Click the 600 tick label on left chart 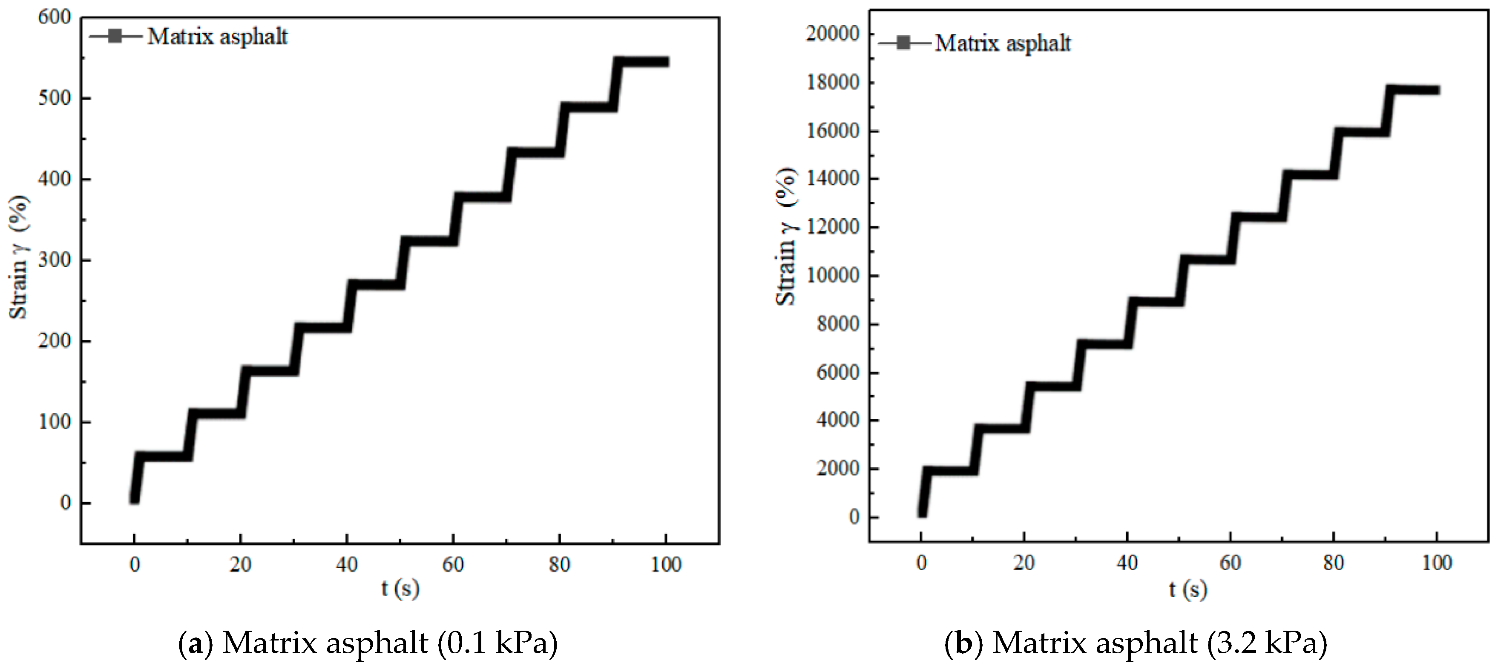[x=54, y=17]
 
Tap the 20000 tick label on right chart [x=832, y=34]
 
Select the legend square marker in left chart [x=115, y=36]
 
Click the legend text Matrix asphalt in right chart [x=1003, y=43]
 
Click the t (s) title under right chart [x=1187, y=589]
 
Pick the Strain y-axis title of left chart [x=19, y=257]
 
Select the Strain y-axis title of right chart [x=786, y=237]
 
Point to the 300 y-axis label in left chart [x=54, y=260]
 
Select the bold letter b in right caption [x=963, y=643]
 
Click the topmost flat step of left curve [x=642, y=62]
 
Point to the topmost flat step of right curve [x=1414, y=89]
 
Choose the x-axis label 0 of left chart [x=134, y=564]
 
